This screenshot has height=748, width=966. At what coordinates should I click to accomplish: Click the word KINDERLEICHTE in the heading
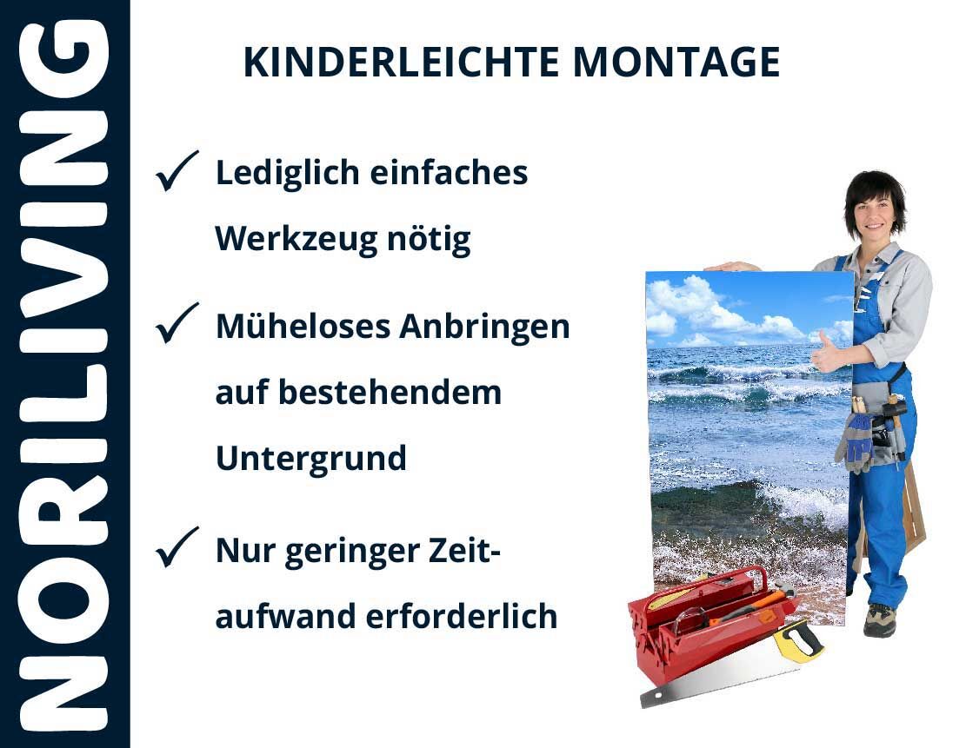coord(401,63)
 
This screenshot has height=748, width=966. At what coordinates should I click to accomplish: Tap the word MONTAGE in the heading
coord(676,63)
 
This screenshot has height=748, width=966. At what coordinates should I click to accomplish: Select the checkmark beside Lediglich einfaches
coord(177,170)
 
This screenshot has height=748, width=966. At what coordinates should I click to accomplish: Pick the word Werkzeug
coord(296,240)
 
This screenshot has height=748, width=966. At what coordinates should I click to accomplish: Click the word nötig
coord(429,240)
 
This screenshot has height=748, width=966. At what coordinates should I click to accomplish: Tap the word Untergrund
coord(311,459)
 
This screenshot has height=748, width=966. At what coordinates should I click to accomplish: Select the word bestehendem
coord(390,393)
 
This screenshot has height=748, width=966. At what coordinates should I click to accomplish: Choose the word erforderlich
coord(462,616)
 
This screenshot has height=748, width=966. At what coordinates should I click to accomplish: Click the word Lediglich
coord(287,174)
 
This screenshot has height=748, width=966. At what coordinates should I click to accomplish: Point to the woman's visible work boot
coord(879,620)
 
